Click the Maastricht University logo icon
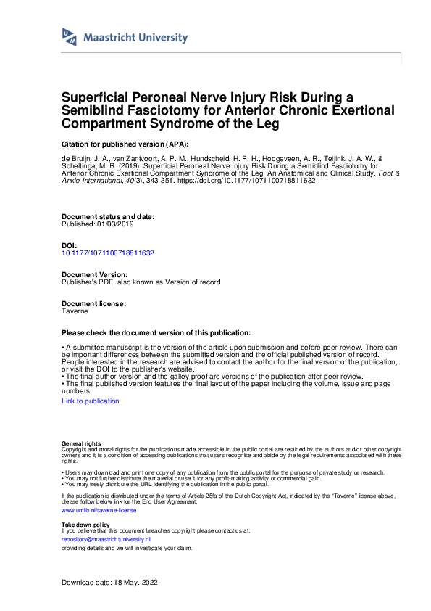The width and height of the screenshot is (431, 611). [70, 38]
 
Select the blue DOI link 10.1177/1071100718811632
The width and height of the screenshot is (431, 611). [108, 253]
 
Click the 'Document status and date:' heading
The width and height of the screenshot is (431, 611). [108, 216]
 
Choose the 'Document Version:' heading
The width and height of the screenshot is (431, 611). [95, 275]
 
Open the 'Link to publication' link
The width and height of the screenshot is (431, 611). [91, 401]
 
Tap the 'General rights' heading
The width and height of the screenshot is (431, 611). [81, 443]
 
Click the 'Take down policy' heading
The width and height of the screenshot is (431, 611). [85, 524]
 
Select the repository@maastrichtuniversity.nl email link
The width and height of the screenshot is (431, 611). [106, 540]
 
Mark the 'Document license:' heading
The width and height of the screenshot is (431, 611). [94, 303]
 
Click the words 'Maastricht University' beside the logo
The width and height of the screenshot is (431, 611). [135, 38]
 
